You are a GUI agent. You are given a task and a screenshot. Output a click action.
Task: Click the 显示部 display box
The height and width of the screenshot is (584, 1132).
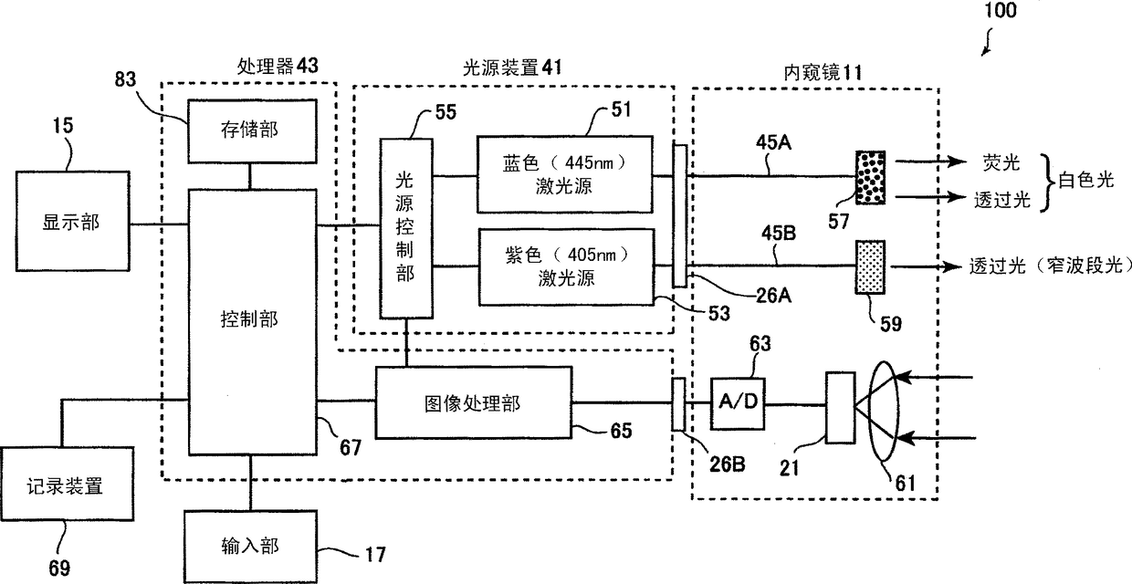coord(70,223)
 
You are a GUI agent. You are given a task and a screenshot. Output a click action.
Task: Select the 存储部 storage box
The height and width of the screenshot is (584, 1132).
coord(250,130)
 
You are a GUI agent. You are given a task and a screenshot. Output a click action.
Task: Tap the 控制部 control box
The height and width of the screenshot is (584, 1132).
coord(250,319)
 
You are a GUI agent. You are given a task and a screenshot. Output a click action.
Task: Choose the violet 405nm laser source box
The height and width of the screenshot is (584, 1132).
coord(564,266)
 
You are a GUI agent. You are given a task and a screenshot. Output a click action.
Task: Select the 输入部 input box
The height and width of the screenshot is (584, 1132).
coord(249,546)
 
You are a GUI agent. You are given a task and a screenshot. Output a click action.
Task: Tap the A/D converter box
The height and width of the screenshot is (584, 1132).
coord(738,402)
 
